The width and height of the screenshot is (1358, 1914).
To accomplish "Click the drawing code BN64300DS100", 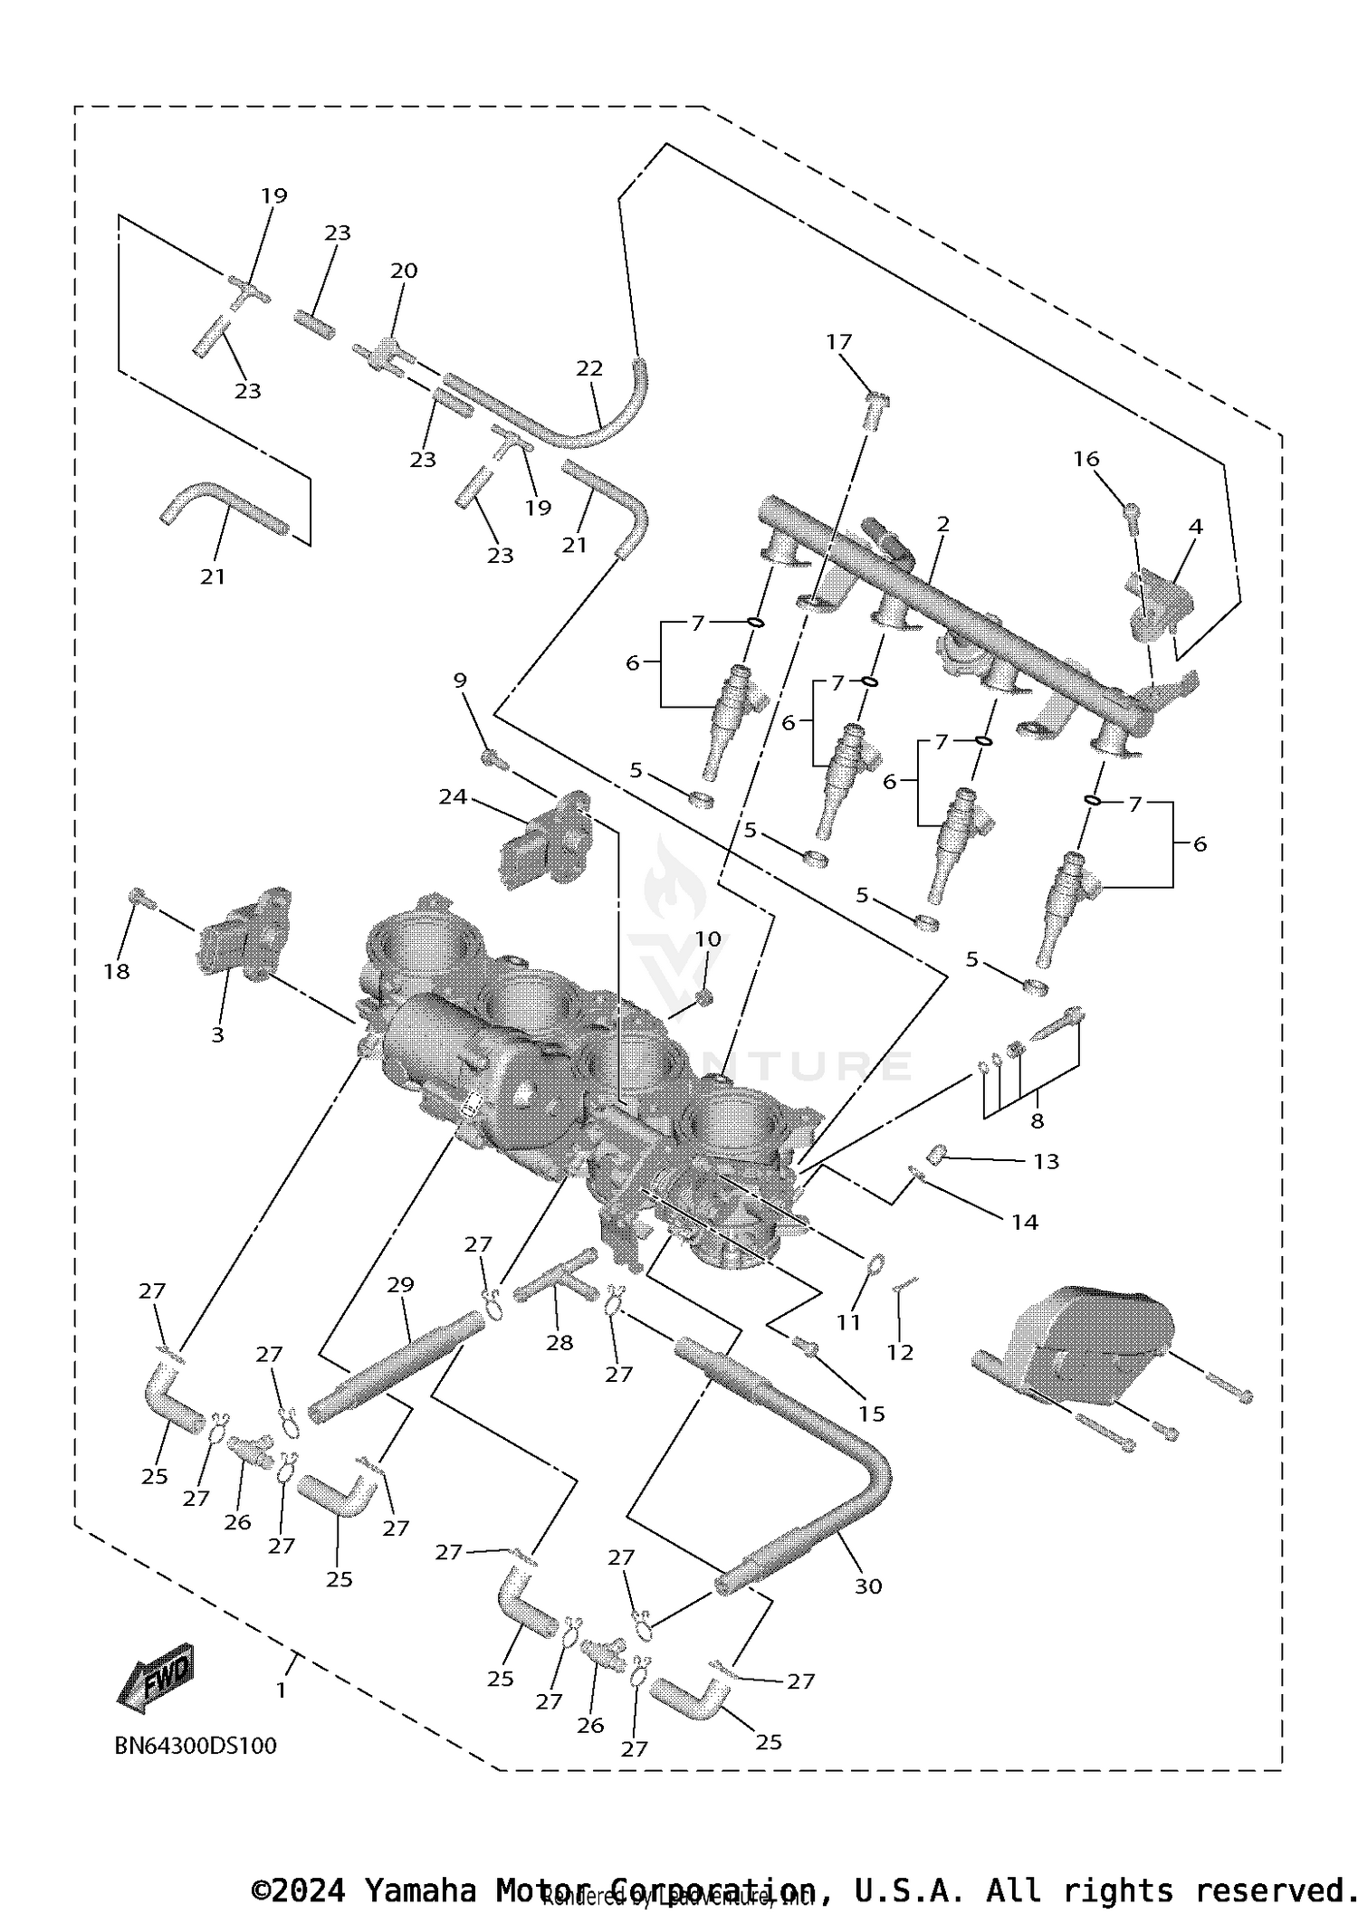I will tap(196, 1746).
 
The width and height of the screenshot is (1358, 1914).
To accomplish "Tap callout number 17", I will tap(839, 342).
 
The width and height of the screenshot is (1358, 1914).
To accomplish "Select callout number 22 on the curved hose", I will tap(589, 368).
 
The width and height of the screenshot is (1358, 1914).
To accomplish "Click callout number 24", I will tap(453, 796).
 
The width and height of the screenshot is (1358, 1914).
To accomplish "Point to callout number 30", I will tap(867, 1585).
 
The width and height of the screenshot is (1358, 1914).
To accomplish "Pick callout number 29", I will tap(400, 1284).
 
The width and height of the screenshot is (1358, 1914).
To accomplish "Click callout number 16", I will tap(1086, 459).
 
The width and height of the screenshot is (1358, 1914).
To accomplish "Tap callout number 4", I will tap(1196, 526).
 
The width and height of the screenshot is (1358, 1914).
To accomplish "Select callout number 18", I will tap(117, 971).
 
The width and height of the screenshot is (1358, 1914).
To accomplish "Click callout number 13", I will tap(1046, 1161).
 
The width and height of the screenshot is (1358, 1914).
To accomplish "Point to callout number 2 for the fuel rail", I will tap(943, 524).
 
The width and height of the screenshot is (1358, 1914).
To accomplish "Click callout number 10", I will tap(708, 939).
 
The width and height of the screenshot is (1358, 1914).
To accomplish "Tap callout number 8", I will tap(1038, 1120).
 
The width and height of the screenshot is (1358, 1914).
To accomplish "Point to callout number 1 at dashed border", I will tap(282, 1690).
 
